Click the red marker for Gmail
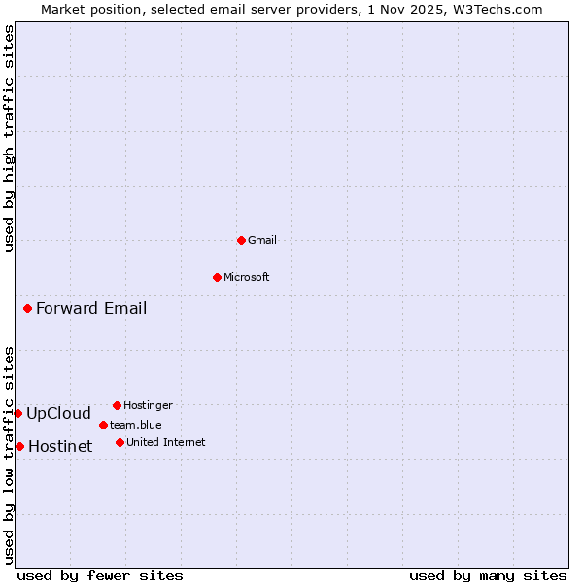tap(241, 240)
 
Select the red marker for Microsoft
tap(217, 277)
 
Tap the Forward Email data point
tap(27, 309)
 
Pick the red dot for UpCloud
tap(17, 413)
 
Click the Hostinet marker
tap(19, 446)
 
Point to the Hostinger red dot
tap(117, 405)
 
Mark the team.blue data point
tap(103, 425)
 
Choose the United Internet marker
tap(120, 442)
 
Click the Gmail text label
tap(262, 240)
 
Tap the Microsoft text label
tap(247, 277)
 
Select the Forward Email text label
tap(91, 309)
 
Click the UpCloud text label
tap(58, 413)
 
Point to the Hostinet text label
tap(60, 446)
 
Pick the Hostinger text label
tap(148, 405)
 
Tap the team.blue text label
tap(136, 425)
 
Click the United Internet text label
tap(165, 442)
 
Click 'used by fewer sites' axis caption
tap(100, 575)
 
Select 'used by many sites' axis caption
tap(488, 575)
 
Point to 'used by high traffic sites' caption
tap(9, 138)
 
